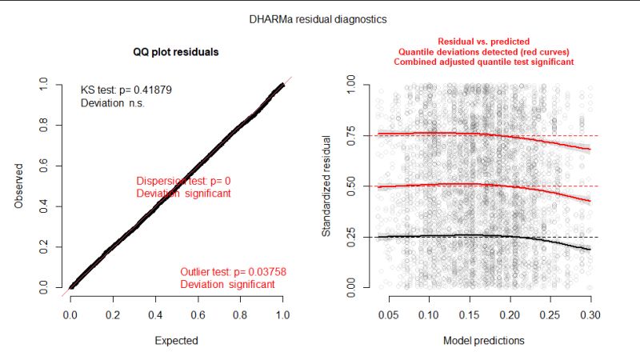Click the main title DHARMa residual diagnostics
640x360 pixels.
(x=320, y=18)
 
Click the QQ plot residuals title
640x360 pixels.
(x=176, y=52)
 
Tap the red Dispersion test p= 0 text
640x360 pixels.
(x=183, y=181)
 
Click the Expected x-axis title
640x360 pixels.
(x=176, y=340)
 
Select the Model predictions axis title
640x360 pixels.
(x=484, y=340)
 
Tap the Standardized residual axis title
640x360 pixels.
(x=326, y=185)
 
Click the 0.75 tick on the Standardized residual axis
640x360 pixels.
(x=349, y=135)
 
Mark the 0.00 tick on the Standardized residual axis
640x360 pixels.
(x=349, y=286)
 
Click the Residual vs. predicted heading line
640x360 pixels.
(x=483, y=42)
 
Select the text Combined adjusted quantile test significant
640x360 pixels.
(x=483, y=62)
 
